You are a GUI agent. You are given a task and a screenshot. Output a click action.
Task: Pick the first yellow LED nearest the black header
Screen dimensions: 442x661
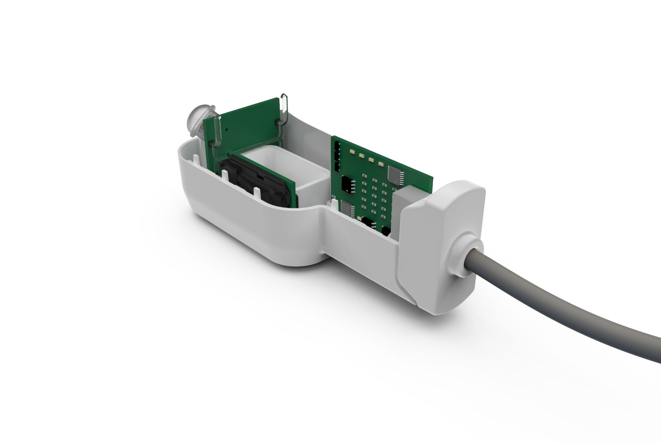352,152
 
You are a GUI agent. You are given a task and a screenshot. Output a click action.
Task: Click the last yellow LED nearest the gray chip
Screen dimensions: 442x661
380,164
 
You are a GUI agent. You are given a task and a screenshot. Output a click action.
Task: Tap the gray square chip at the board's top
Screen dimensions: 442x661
395,173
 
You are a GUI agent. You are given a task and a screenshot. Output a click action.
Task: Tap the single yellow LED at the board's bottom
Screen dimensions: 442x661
358,219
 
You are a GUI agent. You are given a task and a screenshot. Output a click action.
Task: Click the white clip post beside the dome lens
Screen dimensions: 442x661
195,159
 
